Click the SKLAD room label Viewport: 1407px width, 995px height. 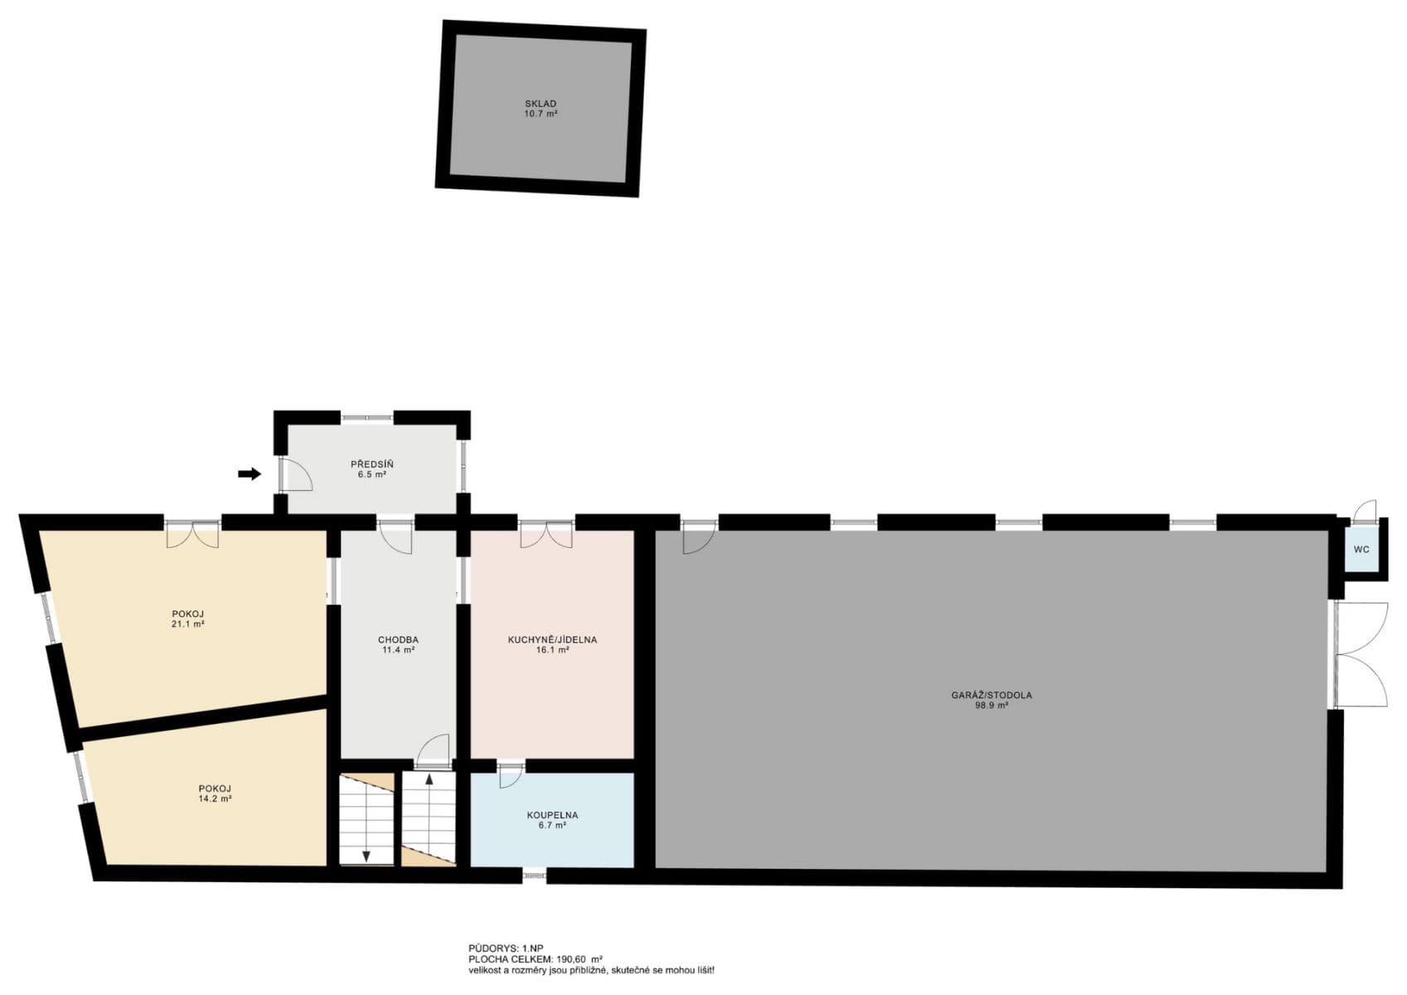[x=540, y=104]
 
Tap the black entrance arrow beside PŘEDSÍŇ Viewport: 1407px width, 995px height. [x=249, y=473]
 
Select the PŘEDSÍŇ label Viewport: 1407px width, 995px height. [x=371, y=464]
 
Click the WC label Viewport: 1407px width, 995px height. [x=1361, y=550]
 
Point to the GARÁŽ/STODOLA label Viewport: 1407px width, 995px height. [x=991, y=696]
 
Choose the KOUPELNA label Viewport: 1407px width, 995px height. [x=552, y=815]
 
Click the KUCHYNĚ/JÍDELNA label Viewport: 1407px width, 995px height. [x=552, y=640]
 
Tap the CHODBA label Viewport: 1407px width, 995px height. [x=398, y=640]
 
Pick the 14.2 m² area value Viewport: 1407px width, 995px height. [x=214, y=798]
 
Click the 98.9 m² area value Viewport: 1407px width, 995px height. [x=991, y=706]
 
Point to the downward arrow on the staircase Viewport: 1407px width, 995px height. [x=366, y=854]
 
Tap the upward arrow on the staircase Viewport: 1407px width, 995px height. [x=429, y=780]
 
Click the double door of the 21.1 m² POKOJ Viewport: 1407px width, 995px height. [x=192, y=534]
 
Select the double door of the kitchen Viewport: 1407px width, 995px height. [x=546, y=534]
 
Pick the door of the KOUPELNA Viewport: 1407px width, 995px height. [x=510, y=775]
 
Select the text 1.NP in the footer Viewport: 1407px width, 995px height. [x=532, y=948]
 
